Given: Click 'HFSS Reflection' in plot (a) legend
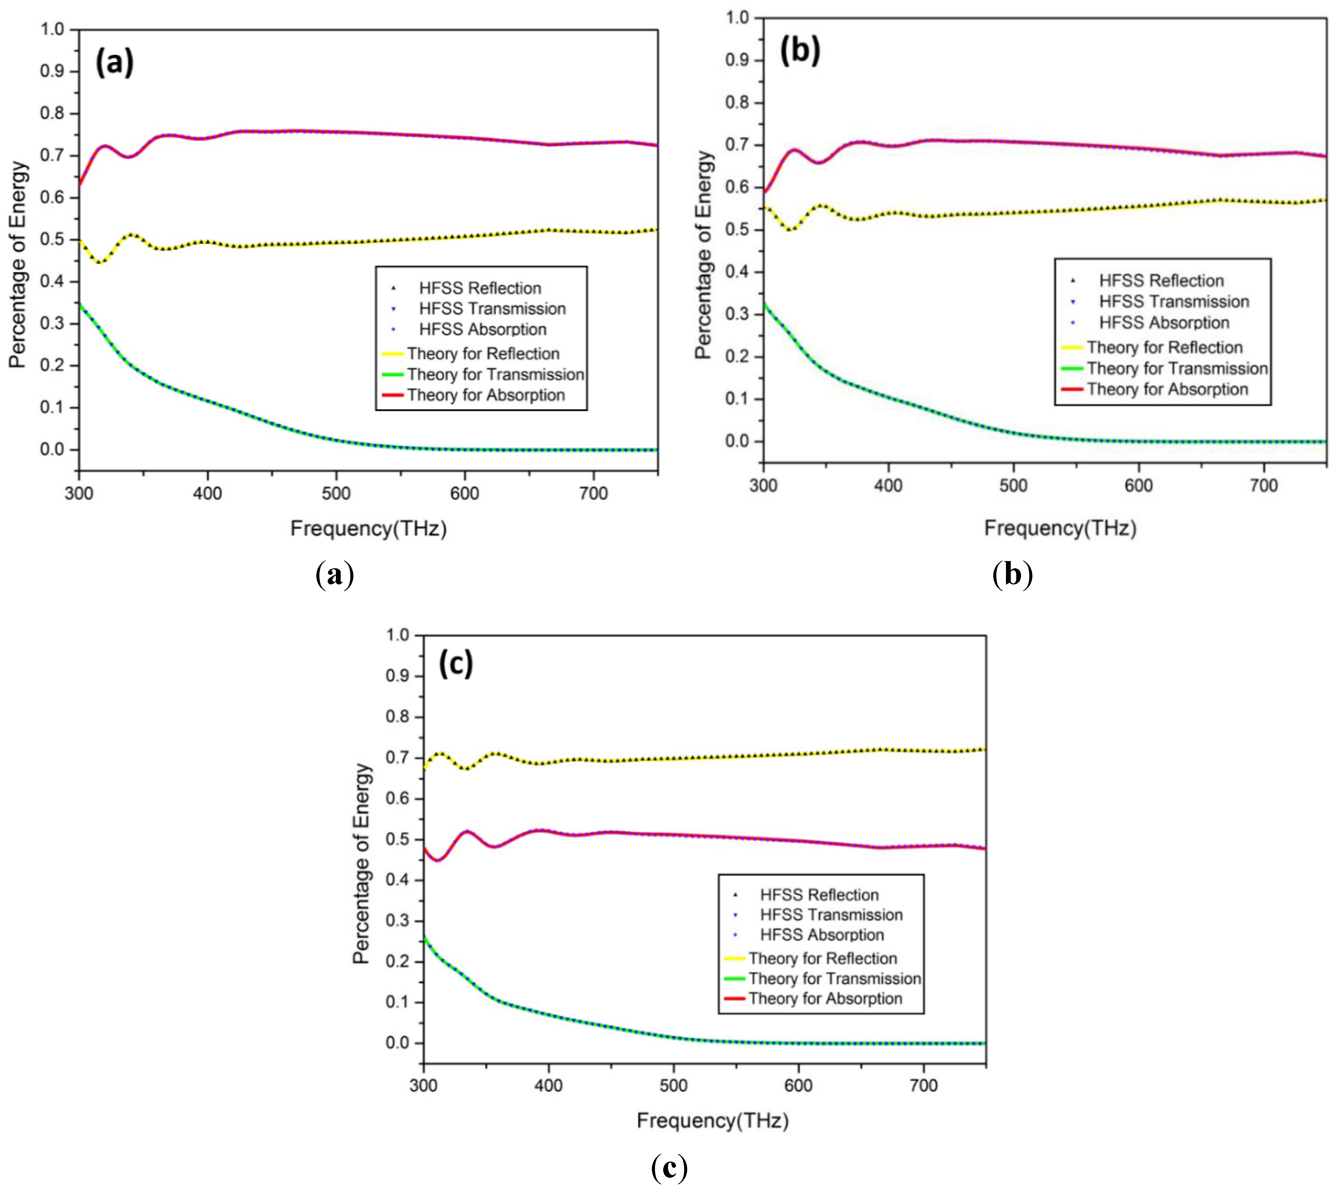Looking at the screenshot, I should click(480, 288).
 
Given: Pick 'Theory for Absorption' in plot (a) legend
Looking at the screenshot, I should click(486, 395).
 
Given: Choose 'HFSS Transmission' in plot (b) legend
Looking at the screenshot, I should click(1174, 302).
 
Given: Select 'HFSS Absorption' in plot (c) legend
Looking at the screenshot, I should click(822, 935).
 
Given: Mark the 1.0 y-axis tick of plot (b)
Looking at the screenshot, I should click(738, 17).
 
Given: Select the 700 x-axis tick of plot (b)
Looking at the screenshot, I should click(1263, 486).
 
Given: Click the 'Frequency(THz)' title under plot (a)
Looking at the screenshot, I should click(368, 528).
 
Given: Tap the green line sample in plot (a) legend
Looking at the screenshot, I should click(392, 375).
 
